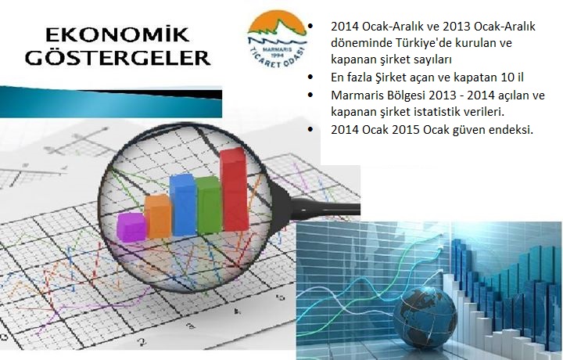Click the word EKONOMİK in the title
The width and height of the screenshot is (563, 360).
coord(117,34)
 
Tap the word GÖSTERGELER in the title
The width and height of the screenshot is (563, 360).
coord(118,57)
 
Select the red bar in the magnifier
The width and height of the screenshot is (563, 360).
coord(235,189)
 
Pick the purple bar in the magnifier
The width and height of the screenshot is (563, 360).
coord(131,227)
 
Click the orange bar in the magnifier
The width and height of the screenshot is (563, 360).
coord(158,216)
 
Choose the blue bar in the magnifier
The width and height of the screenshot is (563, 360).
coord(183,205)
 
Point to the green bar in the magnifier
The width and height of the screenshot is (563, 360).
coord(209,205)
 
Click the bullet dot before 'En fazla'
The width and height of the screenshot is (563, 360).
coord(310,77)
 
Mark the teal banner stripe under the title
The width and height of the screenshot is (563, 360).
coord(111,102)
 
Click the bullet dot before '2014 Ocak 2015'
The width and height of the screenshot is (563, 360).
coord(310,129)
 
